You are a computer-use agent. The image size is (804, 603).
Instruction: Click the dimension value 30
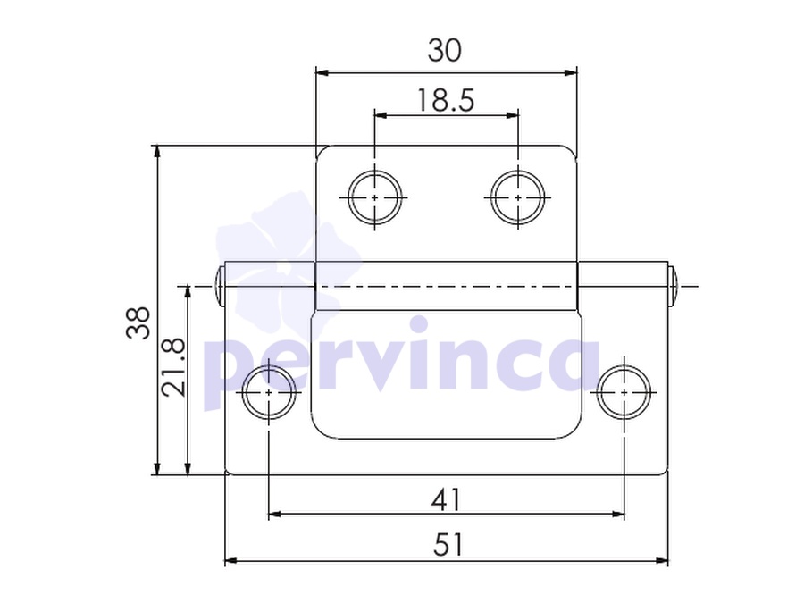(445, 50)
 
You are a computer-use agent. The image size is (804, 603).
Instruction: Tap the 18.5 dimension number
(446, 100)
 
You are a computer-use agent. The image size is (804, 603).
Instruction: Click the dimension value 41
(446, 499)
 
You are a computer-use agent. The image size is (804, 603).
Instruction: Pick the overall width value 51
(448, 544)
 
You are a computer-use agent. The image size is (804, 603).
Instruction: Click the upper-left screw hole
(374, 197)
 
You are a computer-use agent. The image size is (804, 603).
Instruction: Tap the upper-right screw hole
(518, 197)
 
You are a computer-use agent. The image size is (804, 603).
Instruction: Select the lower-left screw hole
(269, 392)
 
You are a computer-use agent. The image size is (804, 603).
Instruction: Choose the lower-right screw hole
(624, 392)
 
